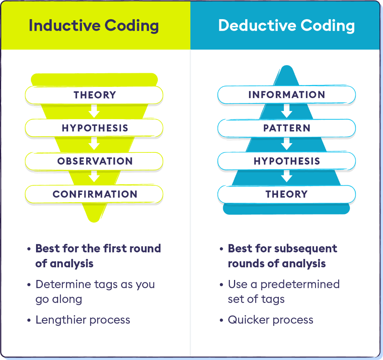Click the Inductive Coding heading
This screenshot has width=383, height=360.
[x=94, y=26]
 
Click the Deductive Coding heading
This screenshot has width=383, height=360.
[x=286, y=26]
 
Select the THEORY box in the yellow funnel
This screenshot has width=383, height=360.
[x=94, y=95]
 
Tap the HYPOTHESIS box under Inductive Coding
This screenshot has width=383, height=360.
[x=94, y=128]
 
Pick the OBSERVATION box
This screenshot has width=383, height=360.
[x=94, y=161]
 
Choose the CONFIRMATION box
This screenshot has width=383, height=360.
[x=94, y=194]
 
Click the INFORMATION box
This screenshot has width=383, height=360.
[x=286, y=95]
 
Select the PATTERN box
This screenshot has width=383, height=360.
[x=286, y=128]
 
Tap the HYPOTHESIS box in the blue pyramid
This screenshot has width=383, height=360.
[x=286, y=161]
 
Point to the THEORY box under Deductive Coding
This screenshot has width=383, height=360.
[x=286, y=194]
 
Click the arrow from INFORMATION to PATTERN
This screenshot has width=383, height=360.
[x=286, y=111]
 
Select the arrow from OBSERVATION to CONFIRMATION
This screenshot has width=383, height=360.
[x=94, y=177]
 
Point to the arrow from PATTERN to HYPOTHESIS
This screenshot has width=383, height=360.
[x=286, y=144]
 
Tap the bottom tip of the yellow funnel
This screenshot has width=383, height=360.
[x=94, y=222]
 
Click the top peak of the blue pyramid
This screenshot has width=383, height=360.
[x=287, y=66]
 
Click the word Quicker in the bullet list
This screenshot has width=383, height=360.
[x=249, y=320]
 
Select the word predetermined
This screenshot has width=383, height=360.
[x=300, y=285]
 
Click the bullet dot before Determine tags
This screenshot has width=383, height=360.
[x=29, y=285]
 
